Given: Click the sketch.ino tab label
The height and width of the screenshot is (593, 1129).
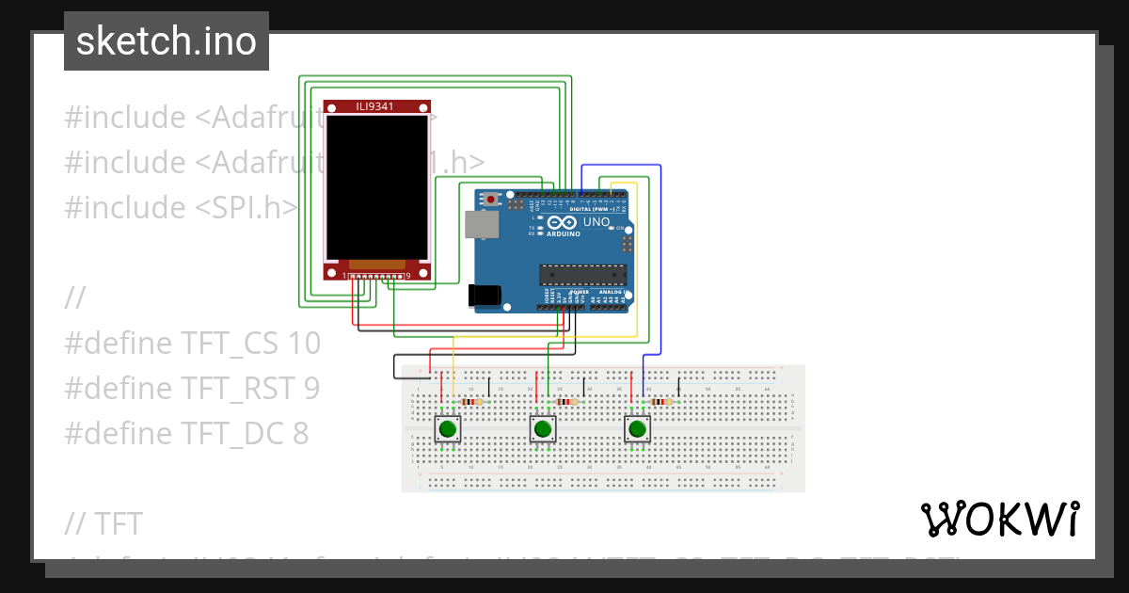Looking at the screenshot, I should [x=166, y=41].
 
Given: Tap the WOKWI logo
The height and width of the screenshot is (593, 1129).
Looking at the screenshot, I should [x=999, y=519].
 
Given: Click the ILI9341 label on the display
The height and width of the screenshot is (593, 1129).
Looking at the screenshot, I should [x=374, y=106].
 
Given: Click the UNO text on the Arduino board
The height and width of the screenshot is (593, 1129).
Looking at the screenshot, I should [x=596, y=222].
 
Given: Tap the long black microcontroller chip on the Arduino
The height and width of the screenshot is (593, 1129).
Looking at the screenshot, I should [x=582, y=274].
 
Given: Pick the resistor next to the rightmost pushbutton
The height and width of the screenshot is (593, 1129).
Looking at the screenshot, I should [x=662, y=402].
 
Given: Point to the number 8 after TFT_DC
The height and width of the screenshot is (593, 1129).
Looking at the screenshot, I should [x=299, y=433].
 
